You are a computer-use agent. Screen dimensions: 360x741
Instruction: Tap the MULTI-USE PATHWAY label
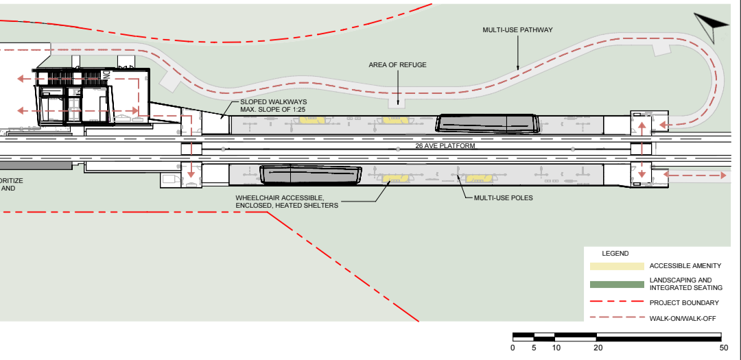(517, 30)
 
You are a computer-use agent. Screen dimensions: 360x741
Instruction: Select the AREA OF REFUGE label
(397, 65)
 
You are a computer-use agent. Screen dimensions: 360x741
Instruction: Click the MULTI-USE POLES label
(503, 197)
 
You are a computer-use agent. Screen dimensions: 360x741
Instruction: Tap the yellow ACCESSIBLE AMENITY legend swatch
(616, 266)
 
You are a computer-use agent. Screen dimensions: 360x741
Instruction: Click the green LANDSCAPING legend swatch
(616, 284)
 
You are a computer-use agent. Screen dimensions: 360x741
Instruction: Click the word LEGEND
(615, 253)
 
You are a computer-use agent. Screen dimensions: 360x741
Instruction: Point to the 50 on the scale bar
(723, 348)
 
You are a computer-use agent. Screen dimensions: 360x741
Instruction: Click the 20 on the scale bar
(597, 348)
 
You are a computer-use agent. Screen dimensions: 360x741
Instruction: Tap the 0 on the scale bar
(513, 348)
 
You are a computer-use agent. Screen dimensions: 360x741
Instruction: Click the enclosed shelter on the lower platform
(311, 175)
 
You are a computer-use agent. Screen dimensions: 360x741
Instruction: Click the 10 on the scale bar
(555, 348)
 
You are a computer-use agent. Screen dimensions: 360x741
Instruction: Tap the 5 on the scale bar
(534, 348)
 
